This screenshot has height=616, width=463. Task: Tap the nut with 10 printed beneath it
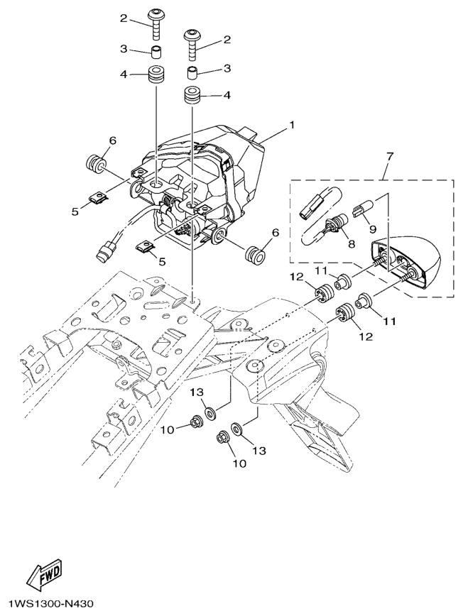223,436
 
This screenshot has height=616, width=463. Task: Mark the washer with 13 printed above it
211,412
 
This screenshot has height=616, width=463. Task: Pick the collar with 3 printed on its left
156,52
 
